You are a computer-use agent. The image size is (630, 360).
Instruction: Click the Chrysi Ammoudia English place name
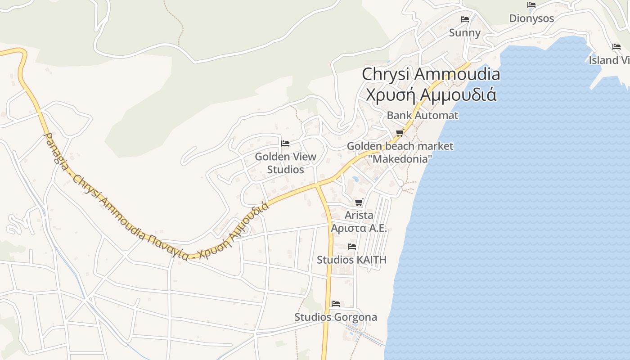click(x=431, y=74)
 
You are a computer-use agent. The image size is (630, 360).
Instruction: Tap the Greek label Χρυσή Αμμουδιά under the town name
click(x=431, y=95)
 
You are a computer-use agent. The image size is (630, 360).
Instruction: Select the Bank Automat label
click(x=423, y=115)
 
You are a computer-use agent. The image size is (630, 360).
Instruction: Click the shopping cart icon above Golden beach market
click(x=400, y=133)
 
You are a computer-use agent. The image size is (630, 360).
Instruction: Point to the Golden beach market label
click(x=400, y=146)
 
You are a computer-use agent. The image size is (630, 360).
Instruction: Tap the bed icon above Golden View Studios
click(x=285, y=144)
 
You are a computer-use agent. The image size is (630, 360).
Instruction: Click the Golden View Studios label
click(x=285, y=163)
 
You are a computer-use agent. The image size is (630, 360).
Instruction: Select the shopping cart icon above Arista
click(x=359, y=202)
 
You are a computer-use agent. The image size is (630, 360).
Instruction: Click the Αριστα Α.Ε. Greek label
click(x=359, y=228)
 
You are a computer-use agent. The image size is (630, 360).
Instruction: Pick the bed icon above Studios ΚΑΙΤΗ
click(x=352, y=246)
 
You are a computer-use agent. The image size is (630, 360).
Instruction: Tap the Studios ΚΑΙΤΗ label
click(x=351, y=260)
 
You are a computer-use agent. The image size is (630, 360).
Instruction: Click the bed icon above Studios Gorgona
click(x=336, y=304)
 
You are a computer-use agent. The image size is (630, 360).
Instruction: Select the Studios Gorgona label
click(x=336, y=317)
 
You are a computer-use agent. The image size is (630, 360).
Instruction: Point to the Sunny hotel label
click(x=465, y=33)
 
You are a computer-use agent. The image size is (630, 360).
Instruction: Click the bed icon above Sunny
click(x=465, y=19)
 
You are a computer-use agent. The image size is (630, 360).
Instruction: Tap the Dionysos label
click(x=531, y=18)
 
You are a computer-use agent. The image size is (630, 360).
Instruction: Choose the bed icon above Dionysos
click(x=531, y=5)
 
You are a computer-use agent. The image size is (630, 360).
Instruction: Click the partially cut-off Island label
click(x=609, y=60)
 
